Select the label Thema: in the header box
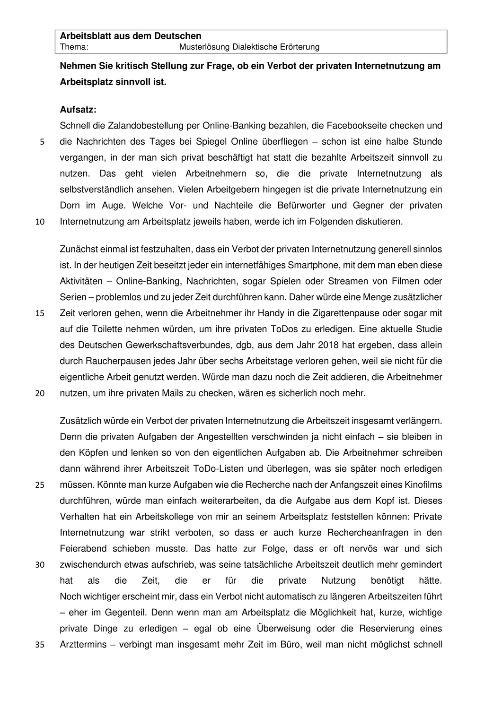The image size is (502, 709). click(x=74, y=47)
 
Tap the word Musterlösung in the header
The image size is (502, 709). click(x=204, y=47)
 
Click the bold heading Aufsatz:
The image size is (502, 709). click(x=78, y=109)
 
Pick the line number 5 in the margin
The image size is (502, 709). click(x=42, y=142)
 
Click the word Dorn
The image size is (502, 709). click(x=70, y=206)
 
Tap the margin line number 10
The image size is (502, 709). click(x=40, y=222)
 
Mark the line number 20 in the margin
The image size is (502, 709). click(x=40, y=393)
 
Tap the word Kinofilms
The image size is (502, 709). click(x=423, y=484)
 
